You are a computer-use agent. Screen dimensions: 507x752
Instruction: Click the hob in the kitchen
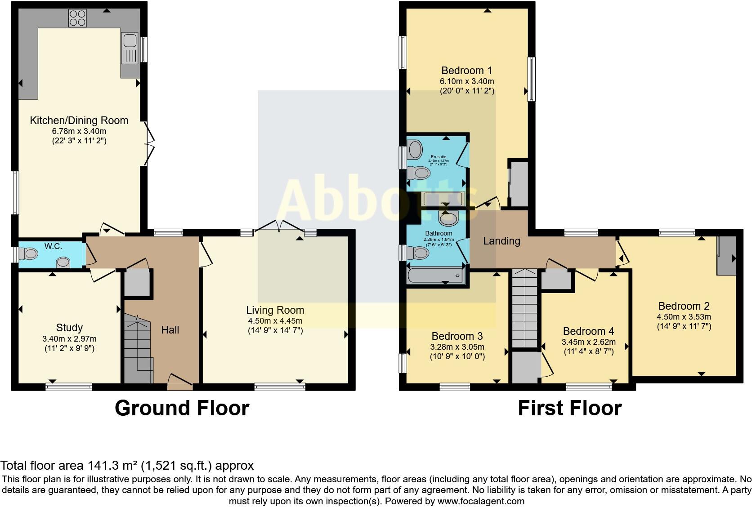77,18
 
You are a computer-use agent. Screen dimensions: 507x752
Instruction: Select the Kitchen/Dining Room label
79,120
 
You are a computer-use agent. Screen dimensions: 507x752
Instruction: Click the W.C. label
53,246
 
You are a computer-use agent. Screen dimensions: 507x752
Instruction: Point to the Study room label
69,328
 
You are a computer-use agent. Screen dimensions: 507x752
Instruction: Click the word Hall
170,330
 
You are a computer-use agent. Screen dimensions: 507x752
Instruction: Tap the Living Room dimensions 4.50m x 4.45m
275,321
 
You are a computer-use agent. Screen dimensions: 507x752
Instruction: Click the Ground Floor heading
182,408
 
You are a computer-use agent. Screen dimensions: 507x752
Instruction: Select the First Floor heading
569,408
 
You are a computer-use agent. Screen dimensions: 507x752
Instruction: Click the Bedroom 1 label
466,71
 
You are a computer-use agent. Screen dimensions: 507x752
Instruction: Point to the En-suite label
438,157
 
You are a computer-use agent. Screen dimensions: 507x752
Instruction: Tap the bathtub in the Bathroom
435,275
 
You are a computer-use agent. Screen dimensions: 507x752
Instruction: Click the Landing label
501,241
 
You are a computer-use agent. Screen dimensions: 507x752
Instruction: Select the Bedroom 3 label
457,336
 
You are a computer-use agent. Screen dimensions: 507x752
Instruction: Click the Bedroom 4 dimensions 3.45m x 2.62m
588,342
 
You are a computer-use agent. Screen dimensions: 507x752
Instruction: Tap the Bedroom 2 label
684,306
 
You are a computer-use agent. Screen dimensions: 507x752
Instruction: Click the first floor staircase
525,308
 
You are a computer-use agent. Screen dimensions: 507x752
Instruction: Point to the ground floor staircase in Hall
137,348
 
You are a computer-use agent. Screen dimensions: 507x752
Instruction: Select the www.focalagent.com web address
481,501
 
